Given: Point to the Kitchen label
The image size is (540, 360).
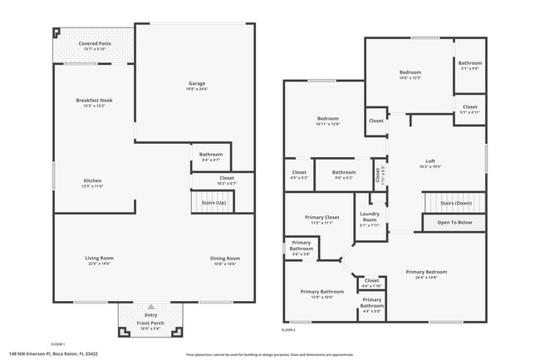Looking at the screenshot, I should pos(93,183).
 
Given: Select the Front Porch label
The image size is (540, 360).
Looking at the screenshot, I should pos(150,325).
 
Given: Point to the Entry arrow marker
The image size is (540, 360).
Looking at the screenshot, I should pos(150,305).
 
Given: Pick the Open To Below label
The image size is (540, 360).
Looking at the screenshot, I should pos(455,222).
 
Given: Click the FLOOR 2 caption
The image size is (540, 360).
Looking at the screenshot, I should pos(287,330).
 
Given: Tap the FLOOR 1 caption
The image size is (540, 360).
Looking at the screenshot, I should pos(58,344).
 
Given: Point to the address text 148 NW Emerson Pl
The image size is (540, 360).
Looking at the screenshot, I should pos(53,353).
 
